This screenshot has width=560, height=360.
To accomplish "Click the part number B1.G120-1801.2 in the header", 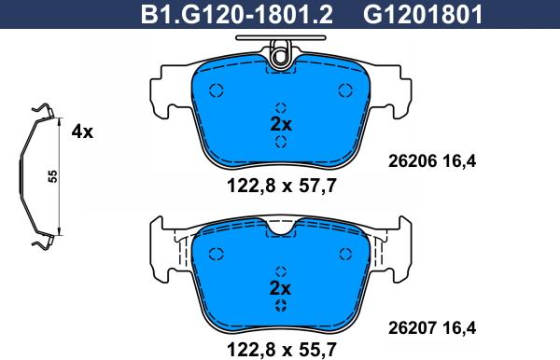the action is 237,15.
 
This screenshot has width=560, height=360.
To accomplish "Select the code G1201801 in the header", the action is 423,15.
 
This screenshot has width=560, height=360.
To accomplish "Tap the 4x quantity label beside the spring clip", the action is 82,132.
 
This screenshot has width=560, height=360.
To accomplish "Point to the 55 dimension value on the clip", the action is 53,176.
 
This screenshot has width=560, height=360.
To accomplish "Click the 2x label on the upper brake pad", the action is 281,125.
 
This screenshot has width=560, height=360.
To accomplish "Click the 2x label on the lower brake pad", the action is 281,288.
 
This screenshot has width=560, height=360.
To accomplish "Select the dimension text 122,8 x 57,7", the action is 282,186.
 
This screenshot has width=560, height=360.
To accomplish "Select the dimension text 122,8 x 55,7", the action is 282,350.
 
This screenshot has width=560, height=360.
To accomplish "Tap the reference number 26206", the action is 413,161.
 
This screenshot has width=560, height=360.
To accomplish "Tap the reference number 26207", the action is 413,328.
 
